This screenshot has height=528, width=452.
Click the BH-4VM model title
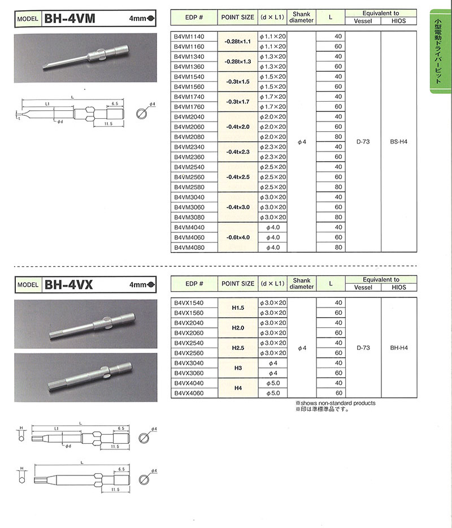[x=69, y=19]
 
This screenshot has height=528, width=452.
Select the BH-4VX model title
[x=68, y=285]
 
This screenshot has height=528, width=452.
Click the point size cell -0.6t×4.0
[x=238, y=237]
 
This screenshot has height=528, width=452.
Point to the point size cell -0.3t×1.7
[x=238, y=102]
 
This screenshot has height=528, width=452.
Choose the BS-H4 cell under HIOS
[x=399, y=142]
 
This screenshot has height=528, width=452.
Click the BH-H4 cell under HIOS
[x=399, y=348]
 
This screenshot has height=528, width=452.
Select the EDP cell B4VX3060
[x=189, y=373]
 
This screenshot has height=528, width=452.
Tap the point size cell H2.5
[x=238, y=348]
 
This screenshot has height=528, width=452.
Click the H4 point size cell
[x=238, y=388]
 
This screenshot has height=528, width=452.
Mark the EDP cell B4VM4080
[x=189, y=248]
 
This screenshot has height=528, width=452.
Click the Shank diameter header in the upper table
[x=302, y=17]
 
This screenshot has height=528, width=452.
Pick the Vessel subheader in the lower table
[x=363, y=287]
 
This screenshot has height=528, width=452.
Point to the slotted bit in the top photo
[x=85, y=57]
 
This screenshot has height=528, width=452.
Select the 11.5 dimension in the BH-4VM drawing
[x=108, y=124]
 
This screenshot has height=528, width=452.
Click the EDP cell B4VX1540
[x=189, y=303]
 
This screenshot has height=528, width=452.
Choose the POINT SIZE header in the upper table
[x=238, y=17]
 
